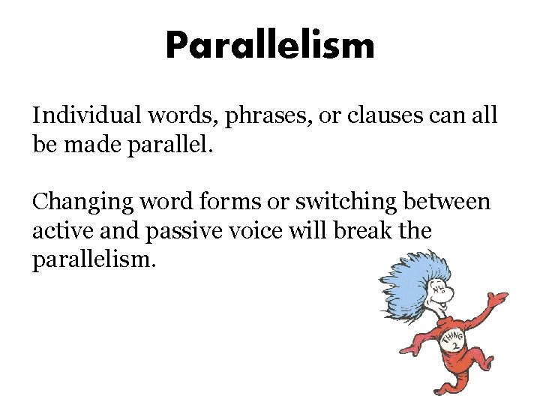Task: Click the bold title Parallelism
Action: coord(269,46)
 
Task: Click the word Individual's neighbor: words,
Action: coord(169,115)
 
